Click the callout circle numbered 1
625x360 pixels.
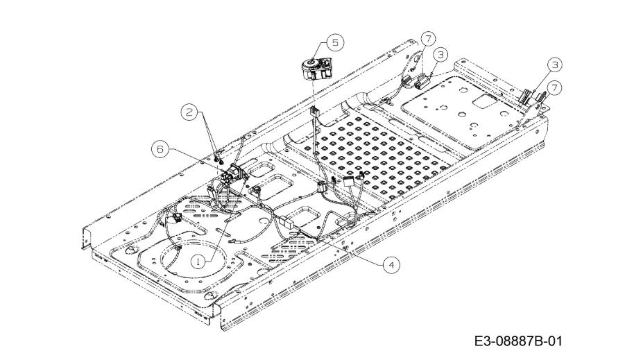(198, 262)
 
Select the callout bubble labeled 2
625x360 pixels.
(189, 112)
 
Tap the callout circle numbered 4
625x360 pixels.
(391, 265)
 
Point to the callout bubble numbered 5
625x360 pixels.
(335, 42)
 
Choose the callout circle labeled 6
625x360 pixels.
(160, 149)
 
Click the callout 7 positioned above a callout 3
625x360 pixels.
(428, 39)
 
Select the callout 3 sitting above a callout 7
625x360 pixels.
(554, 65)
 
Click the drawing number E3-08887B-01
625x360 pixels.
(517, 341)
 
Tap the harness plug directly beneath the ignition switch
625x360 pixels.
(314, 112)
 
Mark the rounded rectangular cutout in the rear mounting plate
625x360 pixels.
(485, 103)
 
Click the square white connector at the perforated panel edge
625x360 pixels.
(349, 183)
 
